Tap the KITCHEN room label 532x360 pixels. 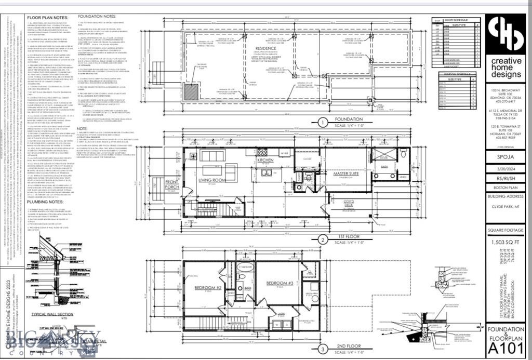[265, 161]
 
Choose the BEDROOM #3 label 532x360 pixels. [281, 283]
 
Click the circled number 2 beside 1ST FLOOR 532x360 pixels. [323, 239]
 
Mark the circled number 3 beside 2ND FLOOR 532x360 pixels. [323, 349]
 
